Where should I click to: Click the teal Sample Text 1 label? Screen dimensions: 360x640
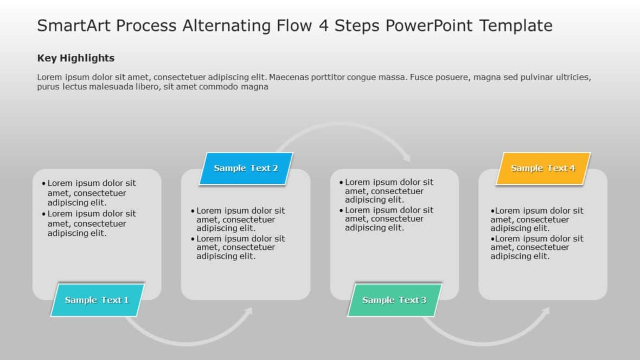pyautogui.click(x=97, y=300)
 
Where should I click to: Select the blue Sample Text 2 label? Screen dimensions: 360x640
pyautogui.click(x=246, y=168)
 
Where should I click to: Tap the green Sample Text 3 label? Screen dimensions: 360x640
pyautogui.click(x=394, y=300)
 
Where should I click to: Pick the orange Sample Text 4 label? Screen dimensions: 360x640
pyautogui.click(x=543, y=168)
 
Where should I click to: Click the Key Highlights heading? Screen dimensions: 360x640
pyautogui.click(x=75, y=58)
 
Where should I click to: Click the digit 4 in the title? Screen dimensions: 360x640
pyautogui.click(x=324, y=25)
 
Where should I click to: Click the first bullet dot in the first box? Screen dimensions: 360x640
pyautogui.click(x=43, y=184)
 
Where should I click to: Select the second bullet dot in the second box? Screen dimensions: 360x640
pyautogui.click(x=193, y=239)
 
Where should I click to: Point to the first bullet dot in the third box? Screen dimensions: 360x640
pyautogui.click(x=341, y=183)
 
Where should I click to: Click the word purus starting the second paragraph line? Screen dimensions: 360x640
pyautogui.click(x=48, y=87)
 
